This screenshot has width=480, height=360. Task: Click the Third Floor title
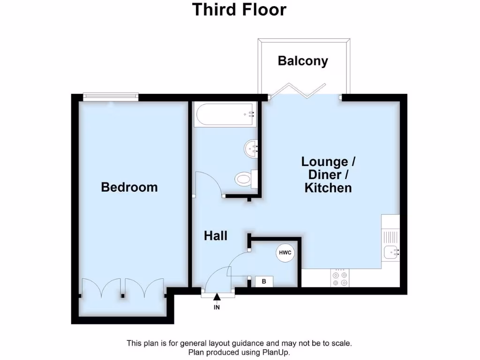pos(240,9)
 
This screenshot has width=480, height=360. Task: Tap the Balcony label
pos(302,61)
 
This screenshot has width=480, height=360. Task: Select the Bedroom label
pos(129,187)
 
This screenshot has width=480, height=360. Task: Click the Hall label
pos(216,235)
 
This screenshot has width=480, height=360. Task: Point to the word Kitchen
pos(328,188)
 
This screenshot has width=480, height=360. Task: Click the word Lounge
pos(324,162)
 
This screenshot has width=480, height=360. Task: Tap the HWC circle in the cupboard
pos(285,253)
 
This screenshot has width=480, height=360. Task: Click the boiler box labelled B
pos(264,281)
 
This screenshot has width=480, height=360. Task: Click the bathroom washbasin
pos(251,149)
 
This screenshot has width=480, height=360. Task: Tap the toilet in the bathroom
pos(245,179)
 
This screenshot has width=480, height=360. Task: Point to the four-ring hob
pos(340,278)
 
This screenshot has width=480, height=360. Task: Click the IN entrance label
pos(217,307)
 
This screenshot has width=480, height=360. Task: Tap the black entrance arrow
pos(217,297)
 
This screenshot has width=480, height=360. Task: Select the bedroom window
pos(111,97)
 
